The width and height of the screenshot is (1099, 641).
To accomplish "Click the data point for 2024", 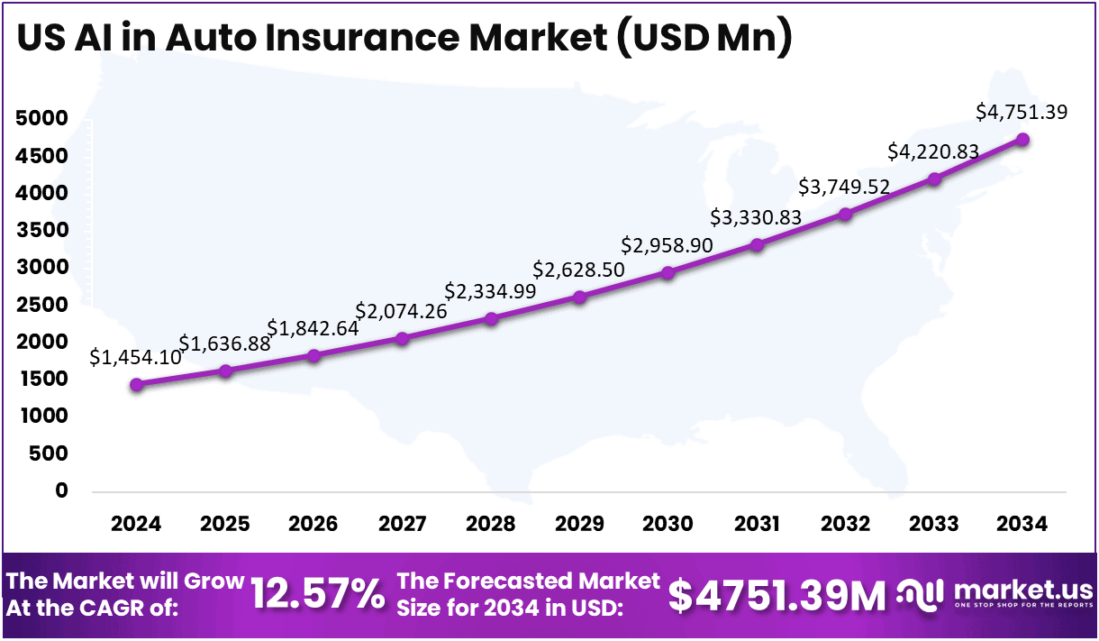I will point(136,384).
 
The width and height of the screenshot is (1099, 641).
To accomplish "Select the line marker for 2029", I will point(579,297).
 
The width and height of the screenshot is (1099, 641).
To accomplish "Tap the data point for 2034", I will point(1022,140).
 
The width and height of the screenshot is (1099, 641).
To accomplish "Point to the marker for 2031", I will point(757,244).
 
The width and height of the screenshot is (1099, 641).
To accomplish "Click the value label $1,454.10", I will point(135,357).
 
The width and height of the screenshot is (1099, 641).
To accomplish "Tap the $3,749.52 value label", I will point(844,187).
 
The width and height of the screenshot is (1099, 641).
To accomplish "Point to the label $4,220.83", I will point(932,151).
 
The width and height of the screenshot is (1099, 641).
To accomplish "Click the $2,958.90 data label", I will point(667,245).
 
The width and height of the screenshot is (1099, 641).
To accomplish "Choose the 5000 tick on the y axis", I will point(41,119).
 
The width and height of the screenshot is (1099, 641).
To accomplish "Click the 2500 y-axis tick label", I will point(41,305).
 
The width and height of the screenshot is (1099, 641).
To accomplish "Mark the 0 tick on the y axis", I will point(62,491).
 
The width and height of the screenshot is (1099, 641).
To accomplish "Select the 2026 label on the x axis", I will point(313,524).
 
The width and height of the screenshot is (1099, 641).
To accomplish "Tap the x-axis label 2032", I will point(845,524).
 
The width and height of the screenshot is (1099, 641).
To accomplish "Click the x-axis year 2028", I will point(491,524).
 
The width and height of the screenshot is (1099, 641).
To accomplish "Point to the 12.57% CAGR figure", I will point(317,594).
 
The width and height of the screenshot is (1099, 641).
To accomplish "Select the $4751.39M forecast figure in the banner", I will point(777,594).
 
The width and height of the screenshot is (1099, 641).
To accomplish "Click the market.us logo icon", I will point(921,593).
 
